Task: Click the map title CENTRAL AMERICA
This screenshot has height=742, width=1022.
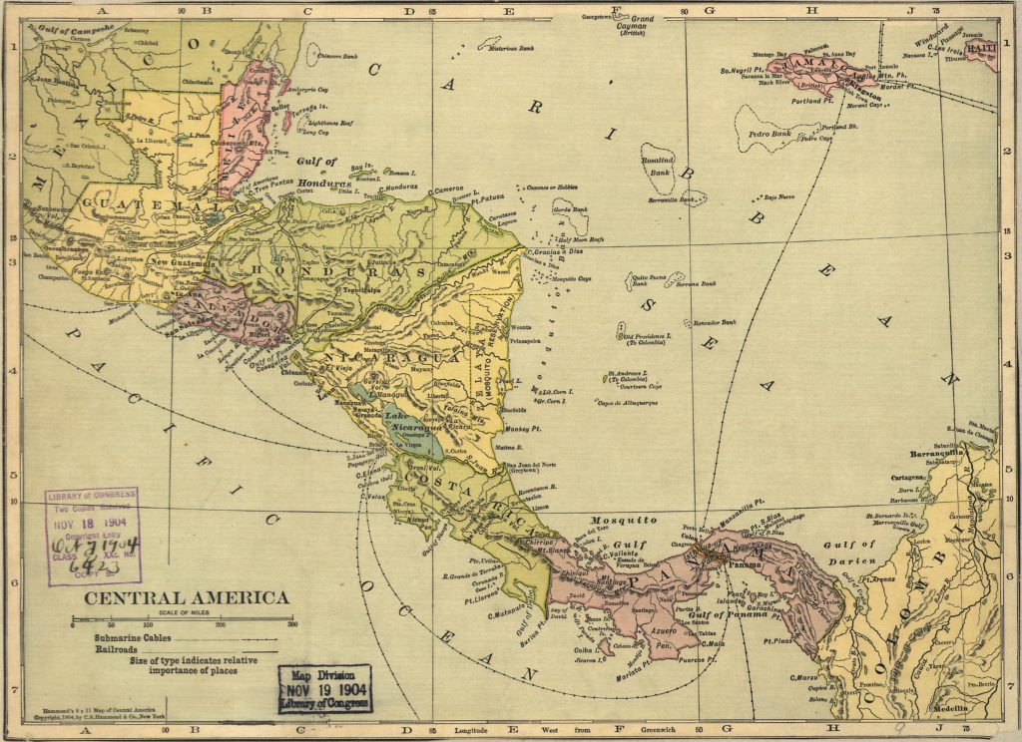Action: (x=186, y=598)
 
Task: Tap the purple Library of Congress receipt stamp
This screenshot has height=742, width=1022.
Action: (x=92, y=536)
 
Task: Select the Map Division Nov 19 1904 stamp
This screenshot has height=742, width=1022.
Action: (x=325, y=689)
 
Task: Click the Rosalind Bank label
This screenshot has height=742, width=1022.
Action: (x=659, y=165)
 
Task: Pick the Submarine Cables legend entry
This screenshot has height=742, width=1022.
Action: (x=134, y=637)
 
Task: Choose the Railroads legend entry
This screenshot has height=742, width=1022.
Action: (x=117, y=648)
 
